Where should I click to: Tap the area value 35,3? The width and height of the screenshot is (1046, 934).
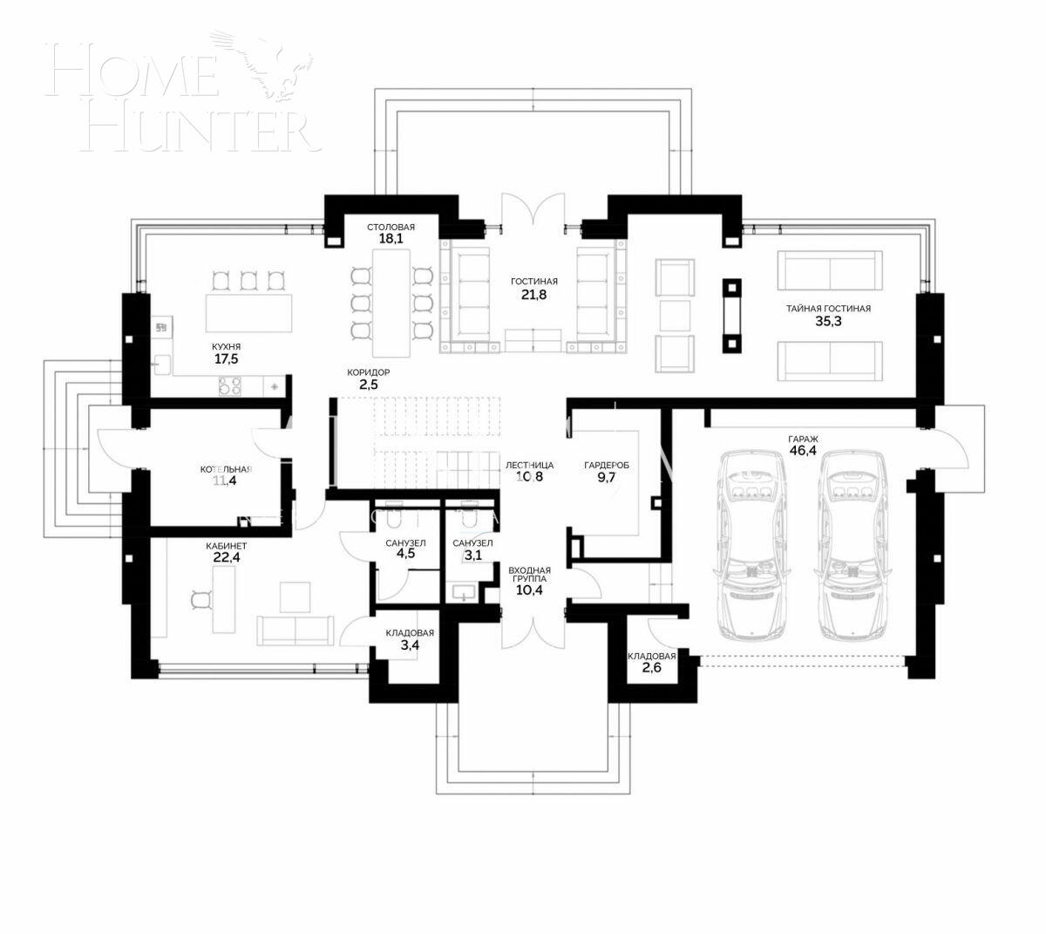pos(828,322)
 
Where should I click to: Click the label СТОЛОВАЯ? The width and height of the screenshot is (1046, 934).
pos(391,227)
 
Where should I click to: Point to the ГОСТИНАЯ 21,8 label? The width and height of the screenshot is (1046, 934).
pos(533,289)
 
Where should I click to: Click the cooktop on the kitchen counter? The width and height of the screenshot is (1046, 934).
pos(230,385)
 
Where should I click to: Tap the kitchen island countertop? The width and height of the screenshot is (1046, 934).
pos(248,311)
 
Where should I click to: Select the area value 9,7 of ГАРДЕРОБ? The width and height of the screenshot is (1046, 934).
pos(606,479)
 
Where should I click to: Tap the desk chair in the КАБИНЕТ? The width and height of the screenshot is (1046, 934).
pos(201,598)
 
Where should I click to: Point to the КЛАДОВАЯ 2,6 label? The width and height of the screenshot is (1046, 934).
pos(652,663)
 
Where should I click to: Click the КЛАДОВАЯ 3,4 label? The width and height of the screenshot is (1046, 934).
pos(410,640)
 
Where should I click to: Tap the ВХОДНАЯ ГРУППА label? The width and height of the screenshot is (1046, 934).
pos(529,579)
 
